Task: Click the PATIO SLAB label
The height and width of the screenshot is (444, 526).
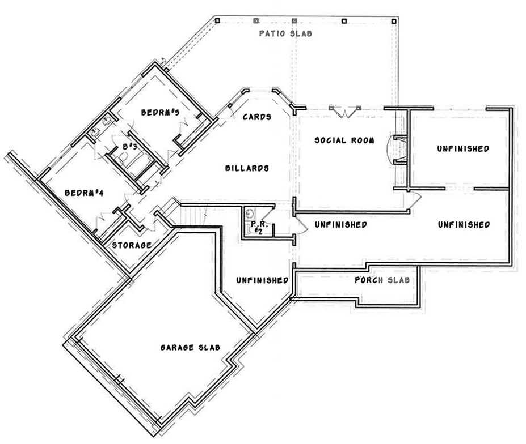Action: [285, 33]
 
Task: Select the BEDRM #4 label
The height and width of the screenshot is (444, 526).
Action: [83, 193]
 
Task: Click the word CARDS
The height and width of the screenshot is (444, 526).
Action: [256, 117]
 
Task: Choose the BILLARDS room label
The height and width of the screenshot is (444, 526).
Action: [246, 168]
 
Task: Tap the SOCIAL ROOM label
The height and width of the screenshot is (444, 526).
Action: [344, 140]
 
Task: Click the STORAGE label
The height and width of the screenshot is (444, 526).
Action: [132, 245]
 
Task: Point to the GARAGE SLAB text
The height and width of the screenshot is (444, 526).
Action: [190, 347]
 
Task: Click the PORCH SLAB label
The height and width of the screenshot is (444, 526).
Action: [382, 280]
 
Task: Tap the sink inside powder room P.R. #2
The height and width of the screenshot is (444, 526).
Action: [250, 214]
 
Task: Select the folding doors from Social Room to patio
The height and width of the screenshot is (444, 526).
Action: [344, 112]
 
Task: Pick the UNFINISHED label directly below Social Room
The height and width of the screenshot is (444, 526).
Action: [340, 225]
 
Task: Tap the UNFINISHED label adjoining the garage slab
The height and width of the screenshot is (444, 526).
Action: [262, 280]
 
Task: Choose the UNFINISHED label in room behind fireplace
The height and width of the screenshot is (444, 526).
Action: [463, 149]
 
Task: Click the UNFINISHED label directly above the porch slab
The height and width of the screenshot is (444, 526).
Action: [464, 225]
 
